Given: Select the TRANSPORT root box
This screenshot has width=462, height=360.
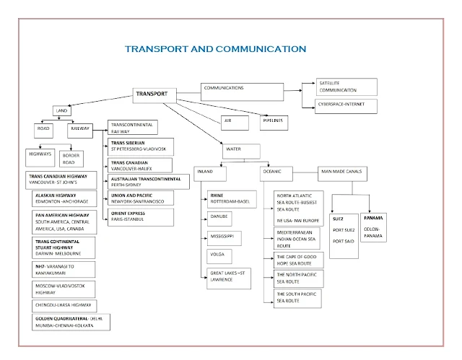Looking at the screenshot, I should [x=154, y=94].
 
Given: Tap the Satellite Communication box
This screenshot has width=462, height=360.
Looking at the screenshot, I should [x=346, y=87].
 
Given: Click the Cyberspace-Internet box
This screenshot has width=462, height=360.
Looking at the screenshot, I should [x=346, y=105].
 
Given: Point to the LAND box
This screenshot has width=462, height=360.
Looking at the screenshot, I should [x=63, y=110].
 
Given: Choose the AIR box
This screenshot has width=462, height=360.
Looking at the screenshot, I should [x=230, y=121].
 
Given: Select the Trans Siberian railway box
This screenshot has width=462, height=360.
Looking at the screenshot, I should [x=140, y=146].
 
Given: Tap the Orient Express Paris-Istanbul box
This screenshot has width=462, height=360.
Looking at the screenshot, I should [x=140, y=216].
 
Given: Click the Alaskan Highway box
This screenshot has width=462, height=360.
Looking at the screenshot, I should [x=68, y=199].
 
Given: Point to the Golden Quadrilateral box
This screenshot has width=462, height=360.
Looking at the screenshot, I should [x=69, y=322].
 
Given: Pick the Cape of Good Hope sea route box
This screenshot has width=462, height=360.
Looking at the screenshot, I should [x=297, y=260].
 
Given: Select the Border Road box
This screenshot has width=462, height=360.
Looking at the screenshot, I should [x=72, y=158].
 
